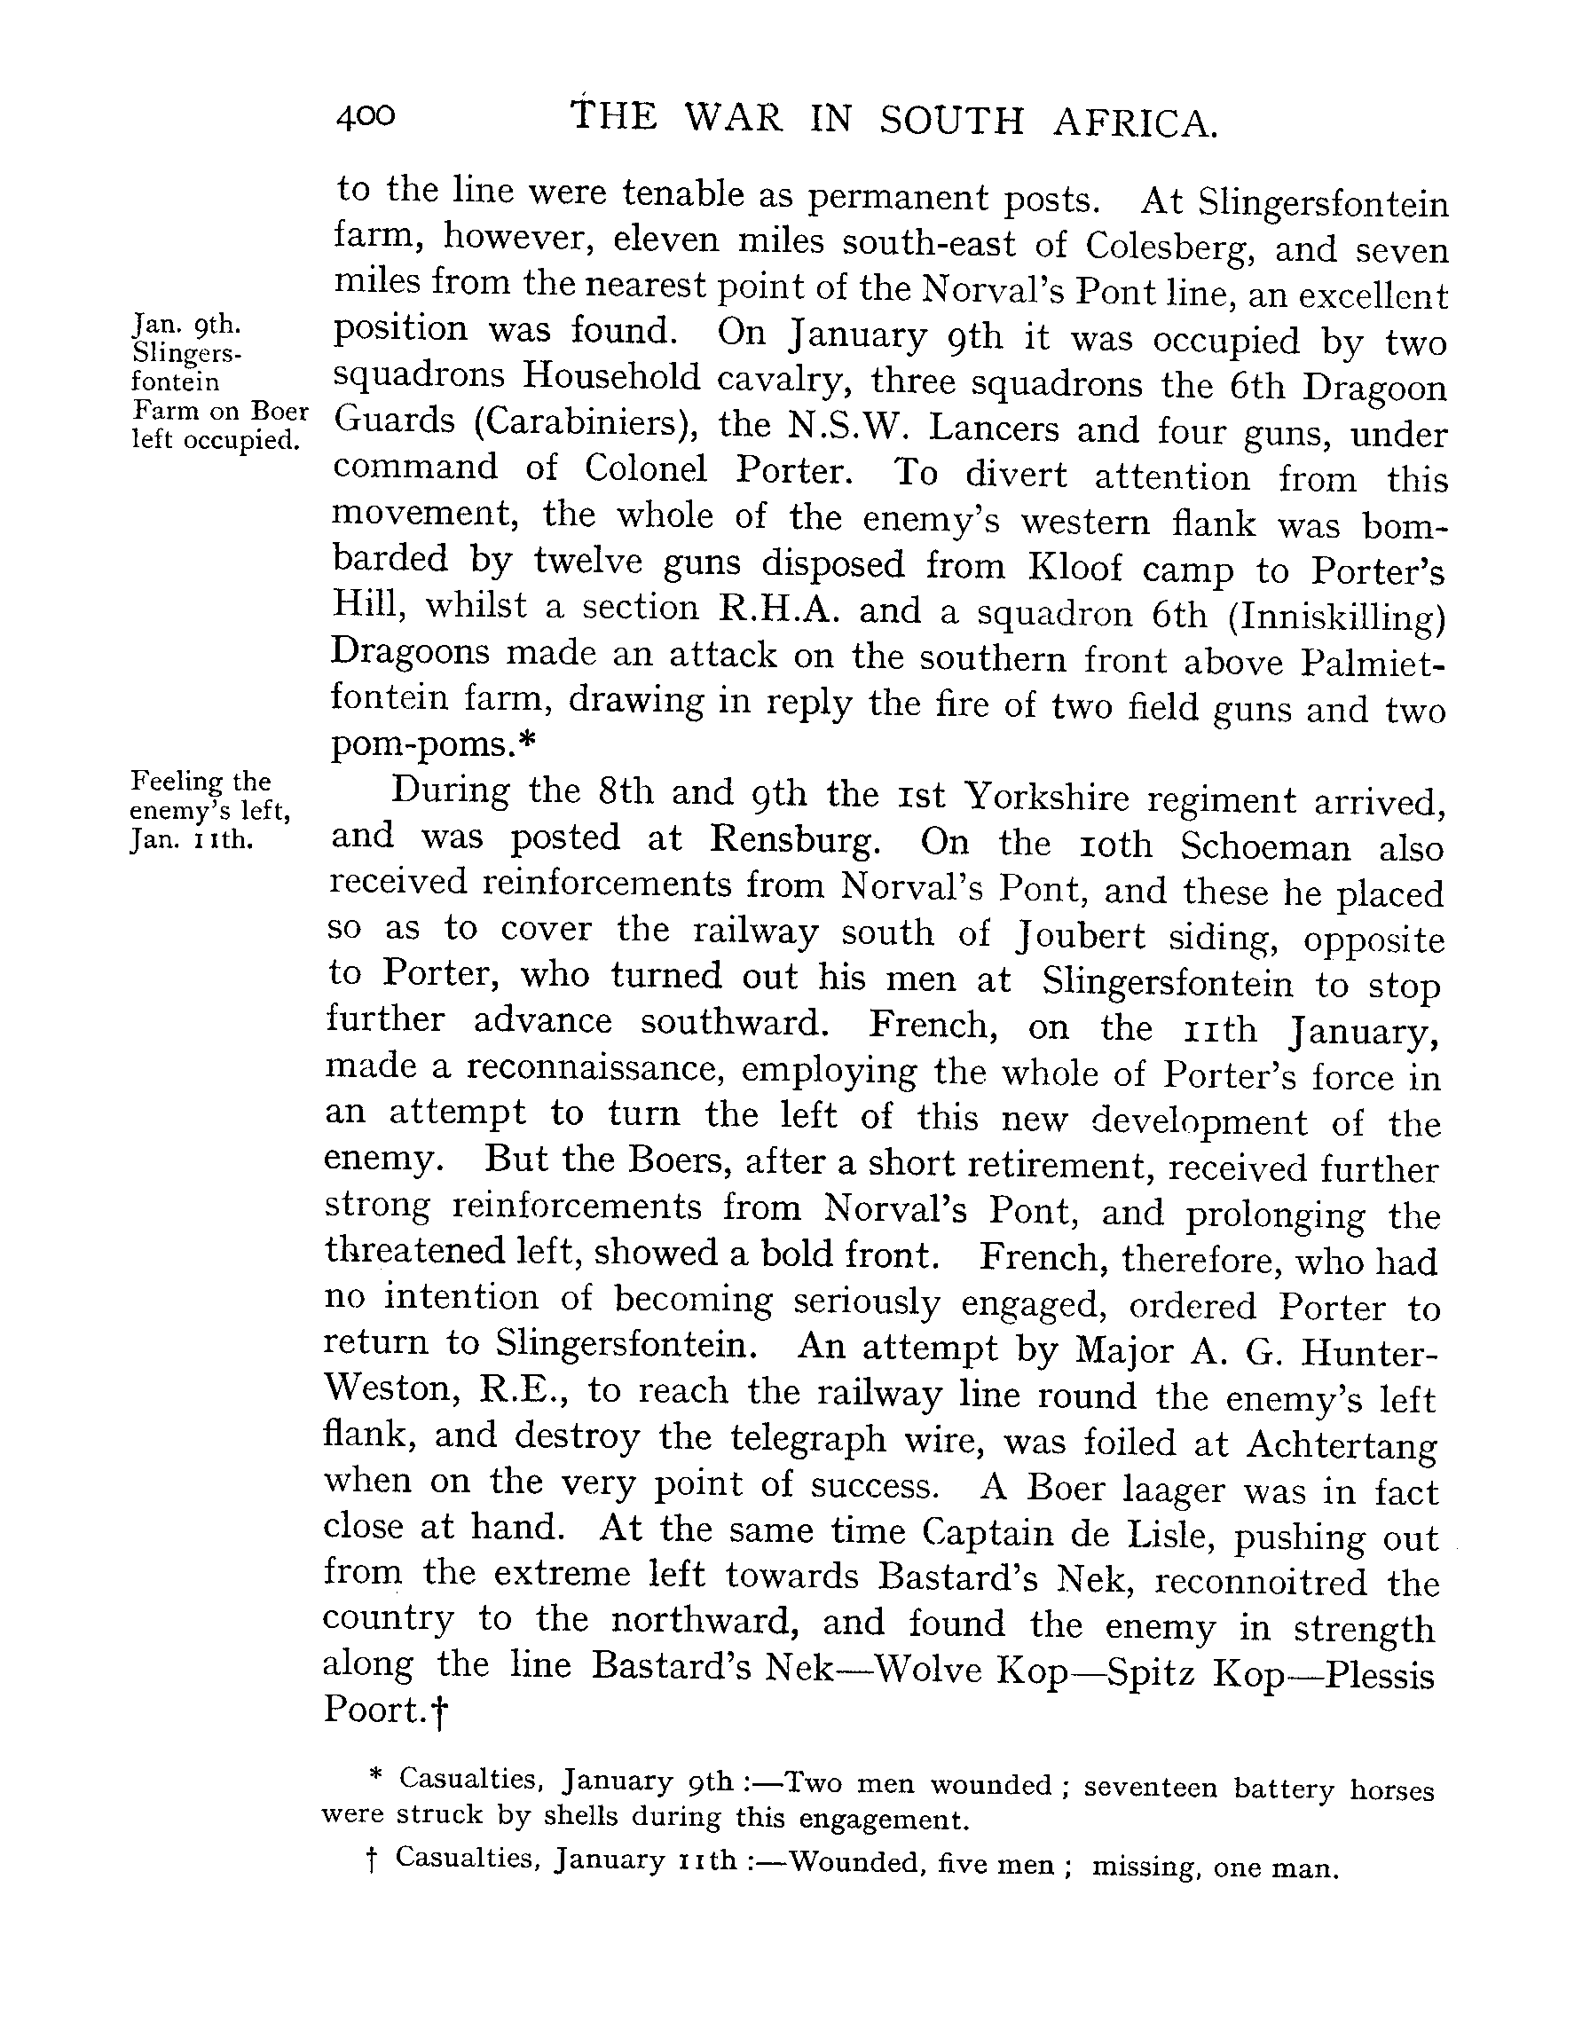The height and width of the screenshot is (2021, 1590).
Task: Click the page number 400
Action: point(366,116)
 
